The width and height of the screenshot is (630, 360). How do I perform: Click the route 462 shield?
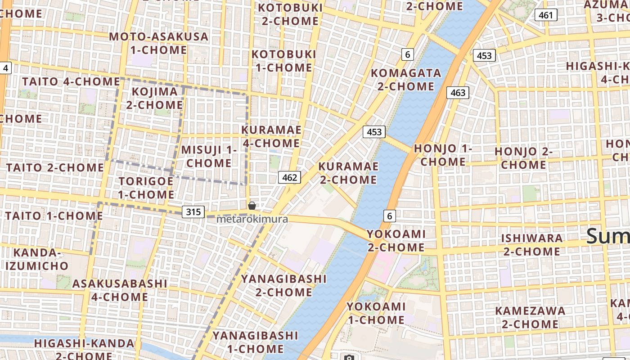(289, 177)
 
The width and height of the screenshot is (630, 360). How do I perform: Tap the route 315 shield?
(193, 212)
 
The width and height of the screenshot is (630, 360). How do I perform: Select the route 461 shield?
(546, 15)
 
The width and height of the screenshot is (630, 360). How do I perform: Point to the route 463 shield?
(458, 93)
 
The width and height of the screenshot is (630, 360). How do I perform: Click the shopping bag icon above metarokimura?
(252, 206)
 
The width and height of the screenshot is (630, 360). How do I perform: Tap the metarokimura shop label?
(252, 220)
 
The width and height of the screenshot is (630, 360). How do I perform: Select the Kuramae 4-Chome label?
(271, 136)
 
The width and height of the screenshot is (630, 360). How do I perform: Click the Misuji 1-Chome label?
(209, 156)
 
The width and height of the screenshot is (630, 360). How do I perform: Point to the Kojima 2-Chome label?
(154, 98)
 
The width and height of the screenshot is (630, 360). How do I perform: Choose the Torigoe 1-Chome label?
(146, 188)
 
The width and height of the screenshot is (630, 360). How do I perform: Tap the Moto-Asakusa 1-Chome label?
(158, 43)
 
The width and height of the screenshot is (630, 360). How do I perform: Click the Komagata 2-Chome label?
(406, 79)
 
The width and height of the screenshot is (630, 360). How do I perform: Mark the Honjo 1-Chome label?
(443, 155)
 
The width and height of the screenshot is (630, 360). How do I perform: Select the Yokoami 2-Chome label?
(396, 240)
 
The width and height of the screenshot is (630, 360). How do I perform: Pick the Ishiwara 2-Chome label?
(532, 244)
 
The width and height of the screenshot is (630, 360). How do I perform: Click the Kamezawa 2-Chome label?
(530, 317)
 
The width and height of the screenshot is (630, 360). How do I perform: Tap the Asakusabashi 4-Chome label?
(120, 290)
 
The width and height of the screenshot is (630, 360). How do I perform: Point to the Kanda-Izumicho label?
(37, 259)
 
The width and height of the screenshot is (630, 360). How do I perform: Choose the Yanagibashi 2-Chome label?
(283, 285)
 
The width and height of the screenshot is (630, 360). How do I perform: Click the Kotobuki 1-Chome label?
(282, 61)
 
